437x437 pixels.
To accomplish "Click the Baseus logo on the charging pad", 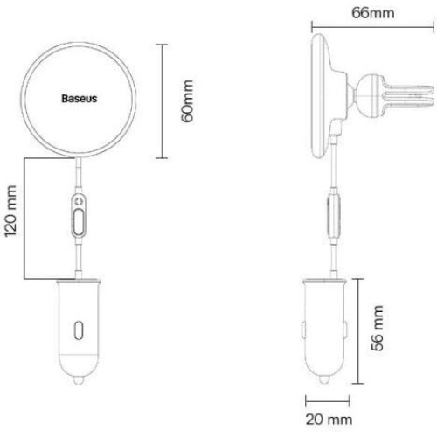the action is coord(80,99).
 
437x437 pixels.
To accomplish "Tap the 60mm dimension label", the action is coord(187,101).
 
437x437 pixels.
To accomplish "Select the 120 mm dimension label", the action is coord(10,211).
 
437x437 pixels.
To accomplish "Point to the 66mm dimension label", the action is coord(373,13).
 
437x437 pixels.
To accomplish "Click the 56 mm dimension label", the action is coord(377,328).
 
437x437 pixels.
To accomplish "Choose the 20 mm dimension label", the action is coord(329,420).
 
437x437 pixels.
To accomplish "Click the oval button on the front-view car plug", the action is coord(79,330).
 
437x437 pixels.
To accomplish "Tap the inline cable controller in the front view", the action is coord(79,216).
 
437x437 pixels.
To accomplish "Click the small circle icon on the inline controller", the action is coord(79,201).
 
